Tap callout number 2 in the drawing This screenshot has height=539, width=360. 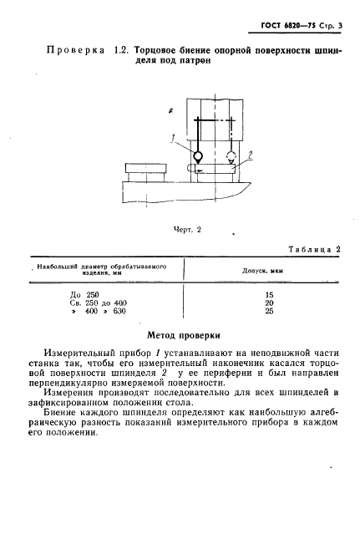point(249,153)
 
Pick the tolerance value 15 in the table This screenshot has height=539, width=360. point(269,293)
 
